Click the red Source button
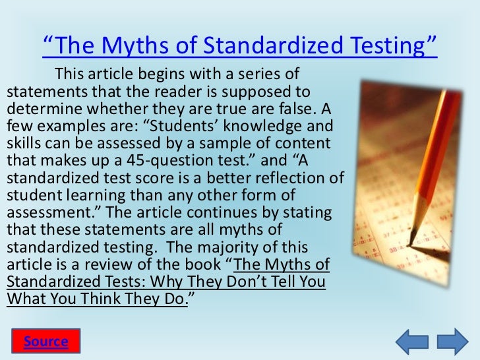tap(45, 341)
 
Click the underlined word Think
tap(124, 297)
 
